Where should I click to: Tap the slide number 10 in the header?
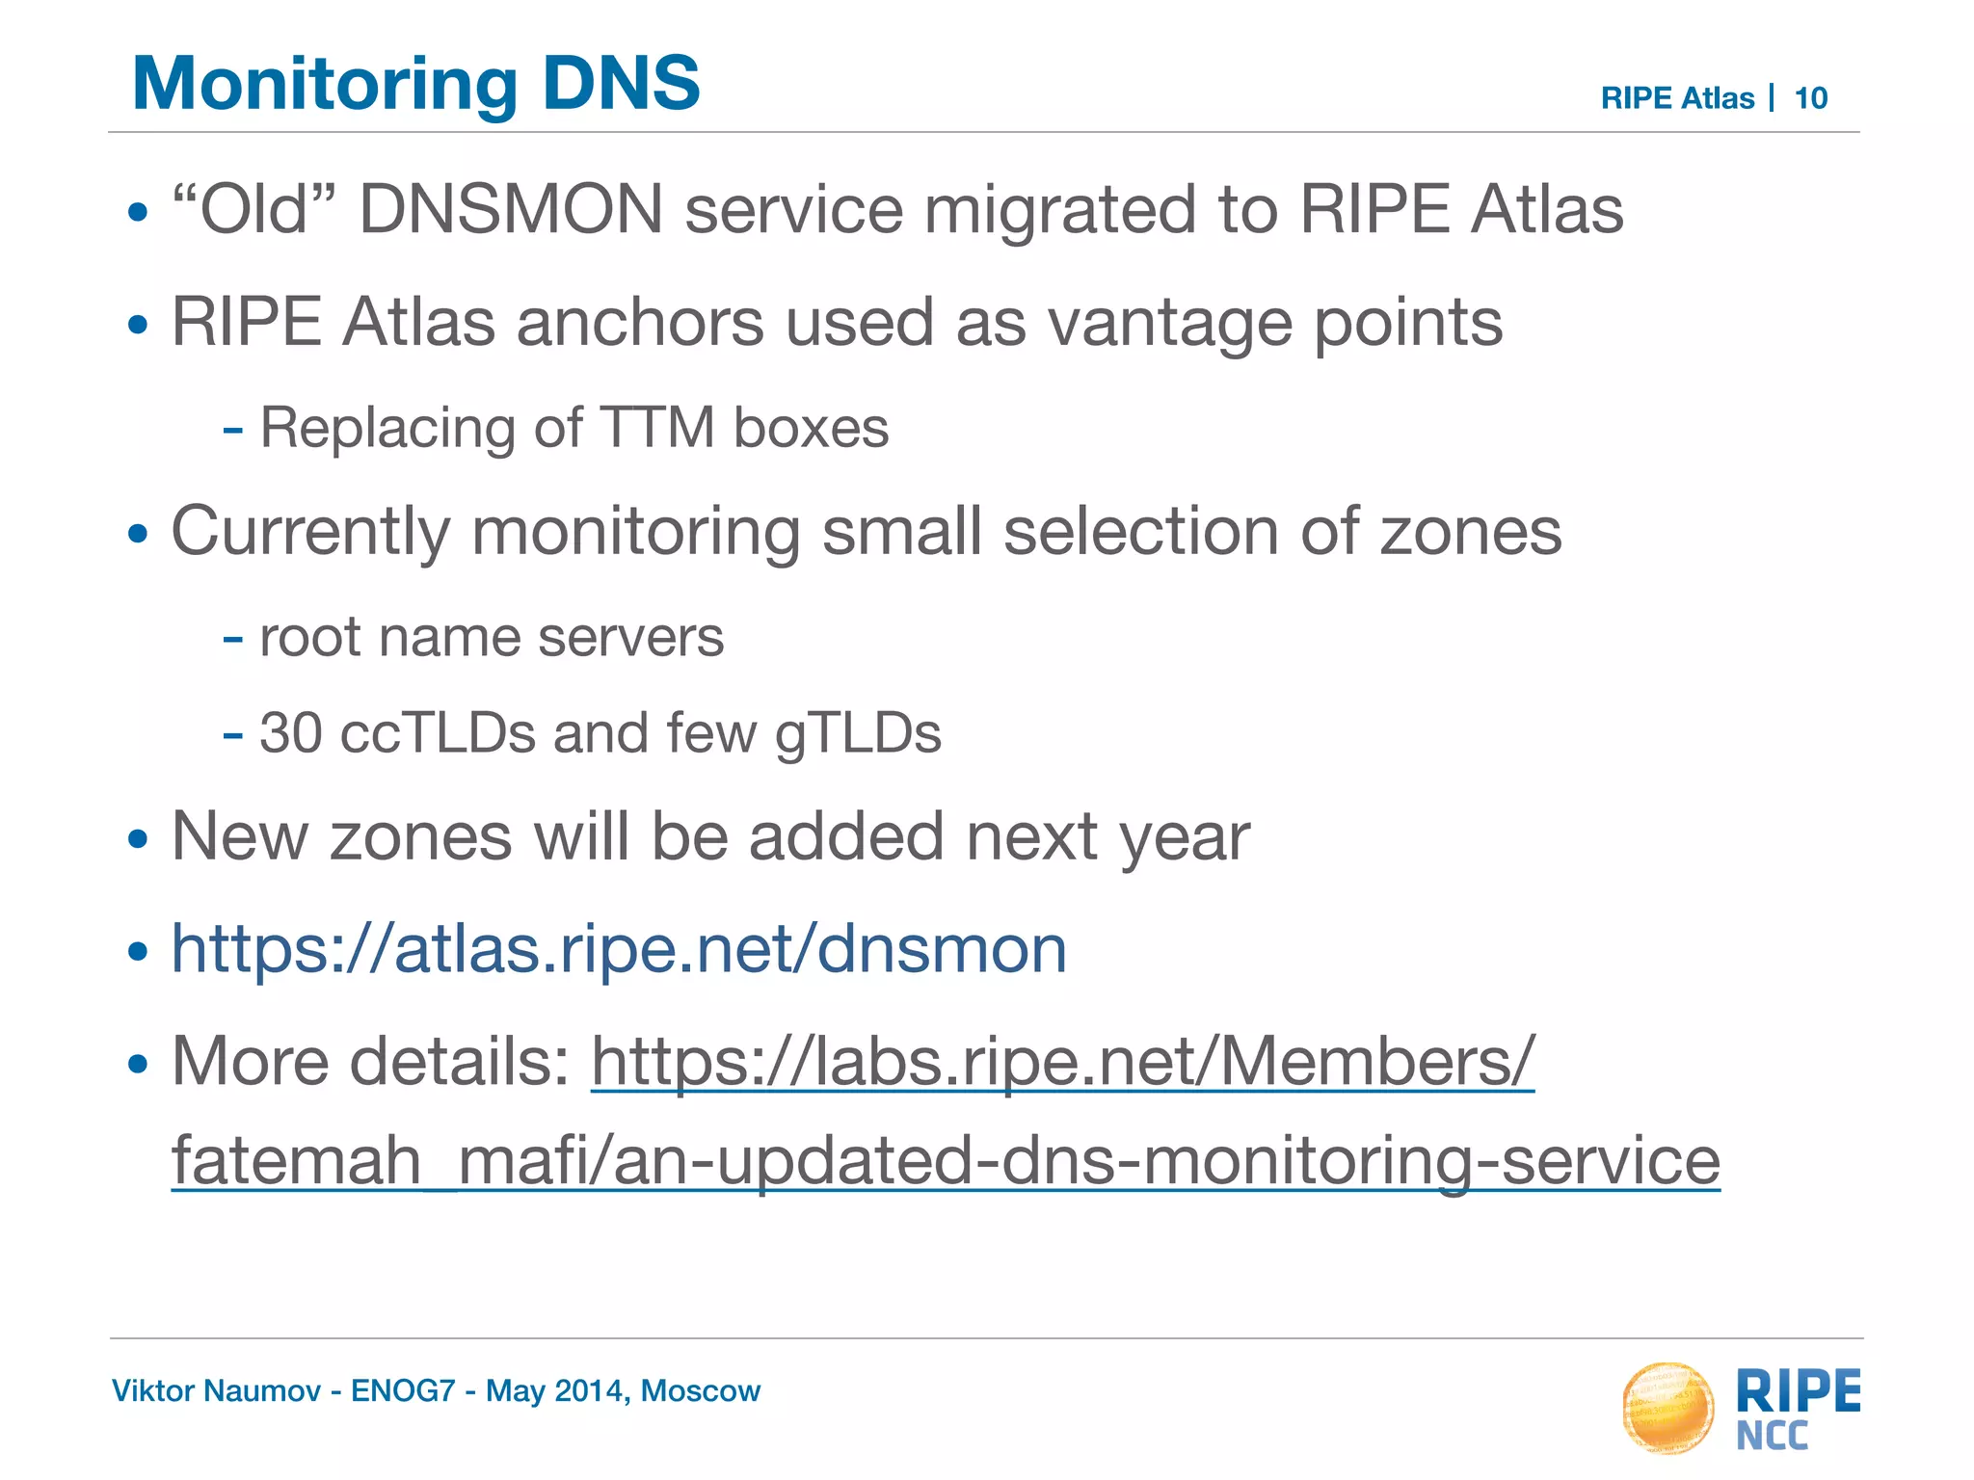click(x=1810, y=98)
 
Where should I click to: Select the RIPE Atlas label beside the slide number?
click(x=1676, y=98)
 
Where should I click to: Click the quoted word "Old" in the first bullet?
click(x=254, y=209)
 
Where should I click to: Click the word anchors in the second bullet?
click(x=639, y=322)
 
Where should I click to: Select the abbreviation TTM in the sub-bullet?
click(x=656, y=428)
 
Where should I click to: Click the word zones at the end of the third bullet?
click(x=1470, y=532)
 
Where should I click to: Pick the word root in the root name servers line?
click(x=309, y=638)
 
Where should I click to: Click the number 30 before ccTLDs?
click(x=290, y=733)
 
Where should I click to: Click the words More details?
click(x=371, y=1062)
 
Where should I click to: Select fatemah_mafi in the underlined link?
click(x=376, y=1160)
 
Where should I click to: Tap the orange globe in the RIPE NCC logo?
click(x=1667, y=1408)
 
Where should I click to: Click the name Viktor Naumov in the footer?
click(x=216, y=1391)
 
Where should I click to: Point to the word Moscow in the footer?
click(x=701, y=1391)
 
